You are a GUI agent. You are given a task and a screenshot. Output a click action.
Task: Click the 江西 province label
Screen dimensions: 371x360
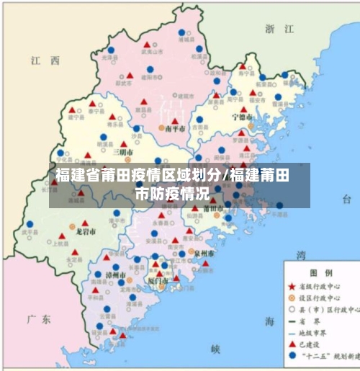(45, 62)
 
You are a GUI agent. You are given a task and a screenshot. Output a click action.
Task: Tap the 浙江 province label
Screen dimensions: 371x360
(280, 29)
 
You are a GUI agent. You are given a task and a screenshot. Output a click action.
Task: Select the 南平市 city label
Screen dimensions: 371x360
(175, 128)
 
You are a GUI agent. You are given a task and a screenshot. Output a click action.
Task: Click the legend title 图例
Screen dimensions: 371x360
(320, 274)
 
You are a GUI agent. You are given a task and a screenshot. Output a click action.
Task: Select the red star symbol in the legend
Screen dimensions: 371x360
(291, 287)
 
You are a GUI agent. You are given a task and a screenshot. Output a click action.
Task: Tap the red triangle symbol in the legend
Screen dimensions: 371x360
(291, 344)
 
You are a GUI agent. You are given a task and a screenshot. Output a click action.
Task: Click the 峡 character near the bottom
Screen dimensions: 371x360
(215, 348)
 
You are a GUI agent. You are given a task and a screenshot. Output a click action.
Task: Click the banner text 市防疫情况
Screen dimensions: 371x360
(172, 194)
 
